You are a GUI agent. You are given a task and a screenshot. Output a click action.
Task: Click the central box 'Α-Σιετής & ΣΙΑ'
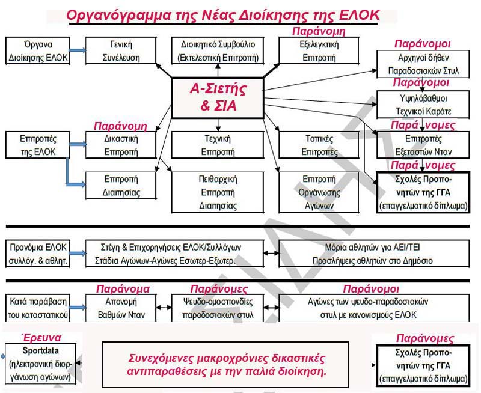click(x=218, y=98)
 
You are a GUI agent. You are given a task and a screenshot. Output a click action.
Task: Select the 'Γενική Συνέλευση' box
click(x=121, y=51)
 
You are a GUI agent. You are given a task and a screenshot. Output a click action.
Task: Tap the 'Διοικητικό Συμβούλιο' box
click(x=218, y=51)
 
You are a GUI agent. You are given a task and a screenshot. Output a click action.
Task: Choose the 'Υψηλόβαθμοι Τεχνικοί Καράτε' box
click(x=422, y=104)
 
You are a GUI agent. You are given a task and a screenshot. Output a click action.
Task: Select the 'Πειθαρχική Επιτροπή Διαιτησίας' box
click(x=218, y=192)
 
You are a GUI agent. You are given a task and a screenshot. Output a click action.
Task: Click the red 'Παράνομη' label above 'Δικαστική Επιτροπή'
click(x=121, y=126)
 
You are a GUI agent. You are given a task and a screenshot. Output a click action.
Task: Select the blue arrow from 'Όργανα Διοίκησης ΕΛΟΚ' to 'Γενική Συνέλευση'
click(x=78, y=51)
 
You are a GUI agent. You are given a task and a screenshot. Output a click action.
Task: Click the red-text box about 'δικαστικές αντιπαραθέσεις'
click(x=226, y=365)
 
